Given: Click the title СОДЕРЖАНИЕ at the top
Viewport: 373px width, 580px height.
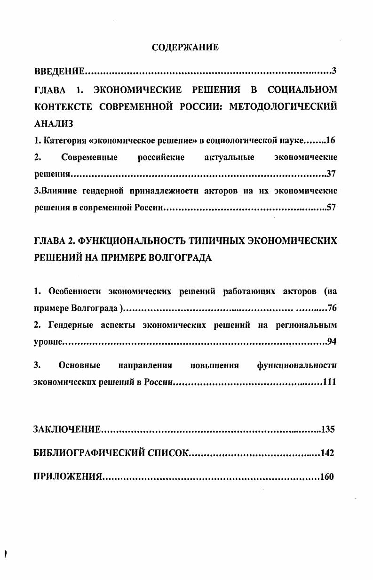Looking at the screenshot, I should pos(185,48).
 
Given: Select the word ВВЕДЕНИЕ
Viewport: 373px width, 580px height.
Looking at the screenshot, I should pos(60,72).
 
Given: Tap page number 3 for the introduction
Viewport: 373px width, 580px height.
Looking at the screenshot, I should pos(333,71).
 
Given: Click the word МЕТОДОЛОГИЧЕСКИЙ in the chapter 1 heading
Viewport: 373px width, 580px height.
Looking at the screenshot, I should pos(283,106).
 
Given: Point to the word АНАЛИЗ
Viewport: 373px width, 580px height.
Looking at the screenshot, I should pos(54,123).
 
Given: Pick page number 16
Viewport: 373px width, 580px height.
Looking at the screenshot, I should pos(330,140).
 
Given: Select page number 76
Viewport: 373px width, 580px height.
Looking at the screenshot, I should pos(332,308).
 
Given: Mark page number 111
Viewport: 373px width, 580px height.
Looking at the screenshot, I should pos(329,381).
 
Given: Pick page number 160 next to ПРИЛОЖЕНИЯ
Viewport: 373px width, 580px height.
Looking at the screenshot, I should pos(326,477).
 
